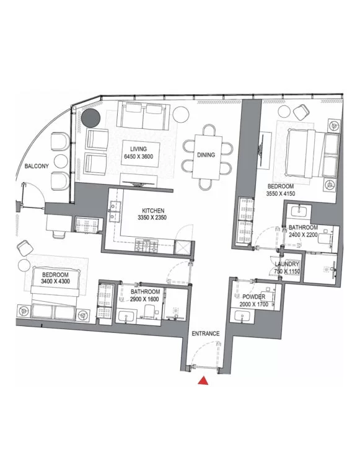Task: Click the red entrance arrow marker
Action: click(203, 381)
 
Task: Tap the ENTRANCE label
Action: click(206, 333)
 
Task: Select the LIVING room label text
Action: click(138, 149)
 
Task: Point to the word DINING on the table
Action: click(206, 155)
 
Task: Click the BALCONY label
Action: click(37, 166)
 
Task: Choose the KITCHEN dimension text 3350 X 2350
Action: click(152, 218)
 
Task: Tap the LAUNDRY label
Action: click(287, 264)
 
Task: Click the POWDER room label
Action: click(254, 297)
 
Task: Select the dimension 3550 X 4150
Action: click(281, 193)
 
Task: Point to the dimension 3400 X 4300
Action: click(56, 281)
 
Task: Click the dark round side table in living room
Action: click(90, 118)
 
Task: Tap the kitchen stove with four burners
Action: click(147, 245)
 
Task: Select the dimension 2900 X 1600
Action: click(144, 299)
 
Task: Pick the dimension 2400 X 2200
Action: click(303, 234)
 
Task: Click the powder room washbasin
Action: click(242, 317)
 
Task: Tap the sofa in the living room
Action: click(144, 115)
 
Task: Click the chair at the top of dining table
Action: click(209, 130)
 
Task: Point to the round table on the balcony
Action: click(60, 161)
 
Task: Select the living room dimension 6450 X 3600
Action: click(138, 157)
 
